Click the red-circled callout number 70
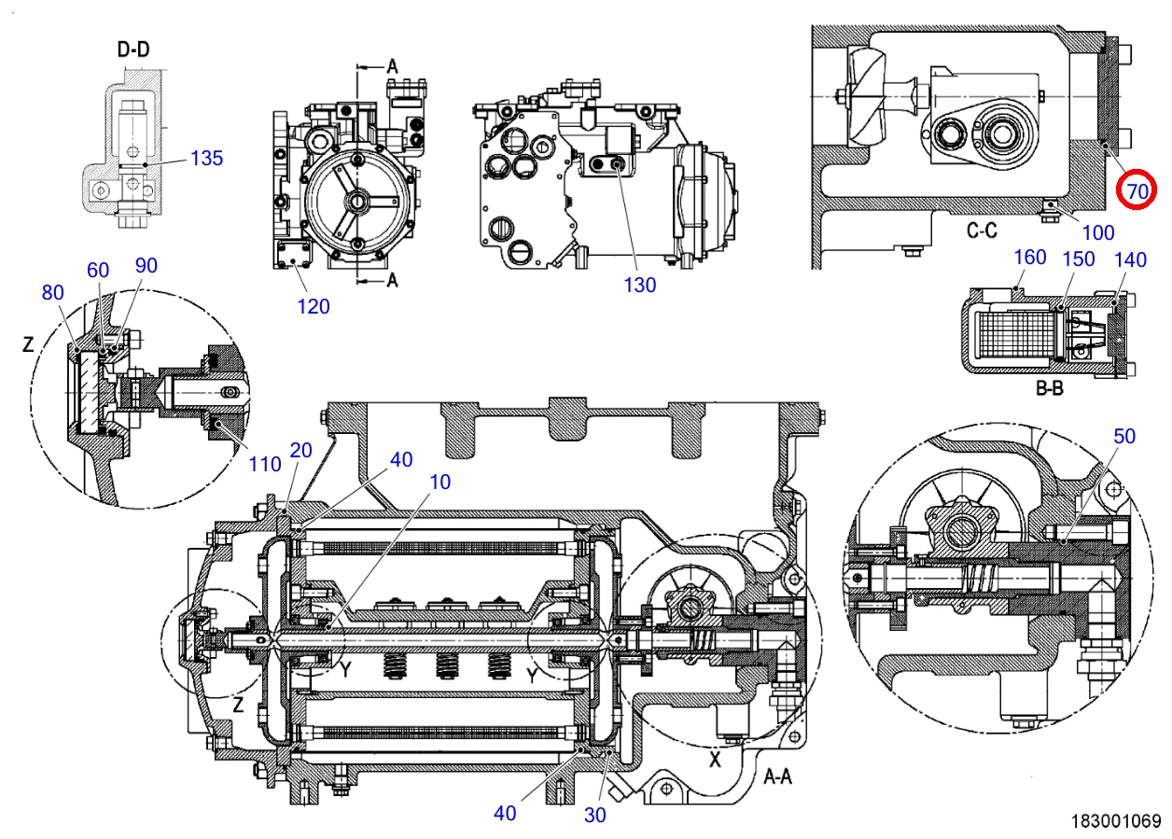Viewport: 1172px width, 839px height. [1137, 191]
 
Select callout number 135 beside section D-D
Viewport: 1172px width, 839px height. [206, 158]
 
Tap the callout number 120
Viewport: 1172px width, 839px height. [314, 306]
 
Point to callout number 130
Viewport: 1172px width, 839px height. [640, 286]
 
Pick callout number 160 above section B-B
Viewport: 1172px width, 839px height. [1029, 258]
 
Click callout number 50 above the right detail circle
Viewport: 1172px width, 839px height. [1124, 437]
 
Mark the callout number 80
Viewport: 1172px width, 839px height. [52, 292]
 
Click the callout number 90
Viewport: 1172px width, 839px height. [146, 265]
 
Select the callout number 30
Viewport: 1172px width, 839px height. [595, 815]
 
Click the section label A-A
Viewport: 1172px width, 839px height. [777, 776]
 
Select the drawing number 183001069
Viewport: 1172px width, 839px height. [1116, 821]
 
